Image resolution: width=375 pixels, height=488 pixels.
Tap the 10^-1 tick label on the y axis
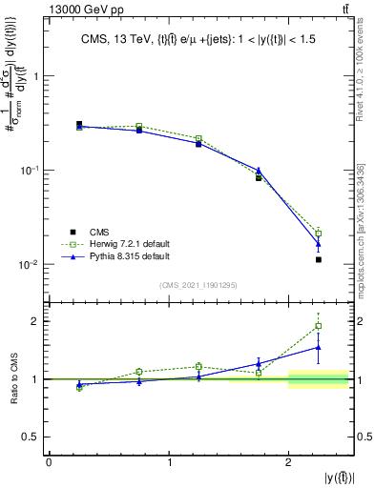pyautogui.click(x=30, y=171)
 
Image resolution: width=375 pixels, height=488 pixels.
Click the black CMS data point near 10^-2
pyautogui.click(x=319, y=259)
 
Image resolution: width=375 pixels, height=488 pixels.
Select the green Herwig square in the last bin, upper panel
pyautogui.click(x=319, y=233)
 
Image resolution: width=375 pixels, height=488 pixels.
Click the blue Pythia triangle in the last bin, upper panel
pyautogui.click(x=319, y=244)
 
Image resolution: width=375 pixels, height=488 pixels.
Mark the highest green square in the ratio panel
pyautogui.click(x=319, y=326)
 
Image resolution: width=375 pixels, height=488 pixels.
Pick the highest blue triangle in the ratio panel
pyautogui.click(x=319, y=347)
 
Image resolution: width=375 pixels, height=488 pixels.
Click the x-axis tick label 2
pyautogui.click(x=289, y=462)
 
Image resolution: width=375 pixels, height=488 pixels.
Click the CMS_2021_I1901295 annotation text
pyautogui.click(x=200, y=286)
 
